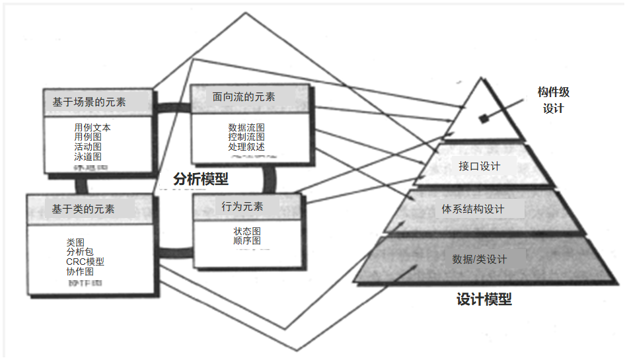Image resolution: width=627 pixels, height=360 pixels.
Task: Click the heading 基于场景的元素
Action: tap(89, 103)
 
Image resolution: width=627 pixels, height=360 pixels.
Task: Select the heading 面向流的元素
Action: tap(244, 96)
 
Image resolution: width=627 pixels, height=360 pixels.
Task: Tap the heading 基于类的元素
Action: tap(83, 209)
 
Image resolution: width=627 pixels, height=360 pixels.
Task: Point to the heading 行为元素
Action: tap(242, 207)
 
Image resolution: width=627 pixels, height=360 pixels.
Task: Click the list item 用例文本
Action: tap(92, 127)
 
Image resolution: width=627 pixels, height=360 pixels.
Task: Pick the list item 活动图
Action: tap(88, 147)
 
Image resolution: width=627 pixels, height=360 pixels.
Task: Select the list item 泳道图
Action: tap(88, 157)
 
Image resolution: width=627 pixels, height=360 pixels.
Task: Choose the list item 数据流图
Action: tap(246, 127)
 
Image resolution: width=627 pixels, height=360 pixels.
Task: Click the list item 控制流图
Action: tap(246, 137)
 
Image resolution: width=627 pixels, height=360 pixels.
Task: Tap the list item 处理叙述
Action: tap(246, 147)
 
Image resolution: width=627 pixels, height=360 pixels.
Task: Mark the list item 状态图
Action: tap(247, 231)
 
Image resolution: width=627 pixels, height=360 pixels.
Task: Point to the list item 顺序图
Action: tap(247, 241)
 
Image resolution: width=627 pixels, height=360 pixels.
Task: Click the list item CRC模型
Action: tap(85, 262)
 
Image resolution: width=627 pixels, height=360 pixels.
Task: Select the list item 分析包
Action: tap(80, 252)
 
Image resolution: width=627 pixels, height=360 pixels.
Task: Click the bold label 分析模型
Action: tap(200, 178)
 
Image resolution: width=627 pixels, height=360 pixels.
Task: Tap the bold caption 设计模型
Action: tap(484, 299)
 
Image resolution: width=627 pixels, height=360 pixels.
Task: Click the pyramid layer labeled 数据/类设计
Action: tap(480, 259)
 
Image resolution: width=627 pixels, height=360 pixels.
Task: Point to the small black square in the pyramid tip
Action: tap(484, 119)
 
